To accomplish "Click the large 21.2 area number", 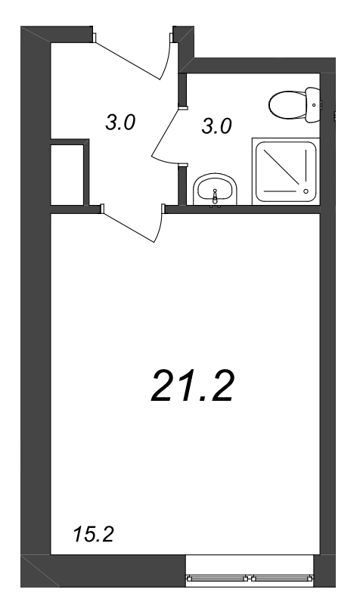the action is (x=192, y=386).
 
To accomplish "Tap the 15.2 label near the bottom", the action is (x=93, y=535).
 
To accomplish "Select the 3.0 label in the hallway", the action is (x=120, y=123).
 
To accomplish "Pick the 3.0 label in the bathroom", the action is (x=216, y=126).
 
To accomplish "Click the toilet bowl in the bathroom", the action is (x=288, y=104).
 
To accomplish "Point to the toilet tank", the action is (x=312, y=104).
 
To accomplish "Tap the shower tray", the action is (x=286, y=172).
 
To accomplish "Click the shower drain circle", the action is (x=306, y=191).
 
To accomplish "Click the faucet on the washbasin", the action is (x=216, y=196).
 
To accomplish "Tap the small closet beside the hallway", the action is (x=67, y=175).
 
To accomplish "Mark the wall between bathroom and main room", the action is (x=243, y=209).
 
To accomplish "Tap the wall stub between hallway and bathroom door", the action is (x=182, y=89).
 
